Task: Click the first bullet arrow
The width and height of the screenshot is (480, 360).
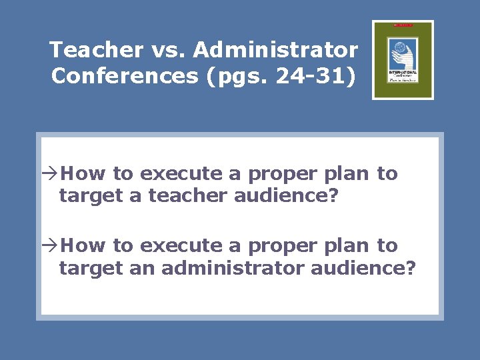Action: (x=52, y=174)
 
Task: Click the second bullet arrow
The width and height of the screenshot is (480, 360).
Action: (x=52, y=246)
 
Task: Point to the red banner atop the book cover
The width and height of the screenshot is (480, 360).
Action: (x=403, y=25)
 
